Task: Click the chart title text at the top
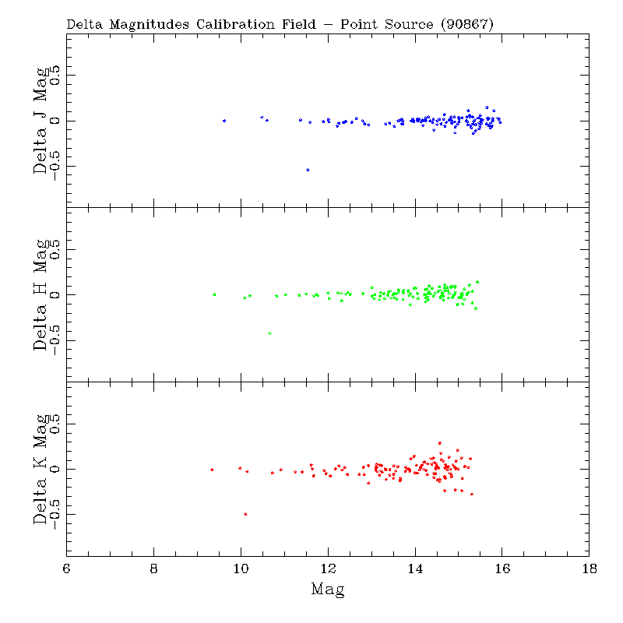pyautogui.click(x=280, y=24)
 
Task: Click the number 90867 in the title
pyautogui.click(x=466, y=24)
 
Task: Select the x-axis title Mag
pyautogui.click(x=327, y=589)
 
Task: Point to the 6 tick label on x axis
pyautogui.click(x=67, y=569)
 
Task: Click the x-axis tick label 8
pyautogui.click(x=154, y=569)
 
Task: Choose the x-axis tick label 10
pyautogui.click(x=241, y=569)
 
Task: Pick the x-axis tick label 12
pyautogui.click(x=328, y=569)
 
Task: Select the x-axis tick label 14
pyautogui.click(x=415, y=569)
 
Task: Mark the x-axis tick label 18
pyautogui.click(x=589, y=569)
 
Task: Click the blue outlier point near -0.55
pyautogui.click(x=308, y=170)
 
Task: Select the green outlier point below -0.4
pyautogui.click(x=269, y=333)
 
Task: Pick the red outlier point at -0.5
pyautogui.click(x=245, y=514)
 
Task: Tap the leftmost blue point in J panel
pyautogui.click(x=224, y=121)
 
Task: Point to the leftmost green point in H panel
pyautogui.click(x=214, y=294)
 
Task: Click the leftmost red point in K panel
pyautogui.click(x=212, y=470)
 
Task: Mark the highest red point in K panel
pyautogui.click(x=440, y=443)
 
